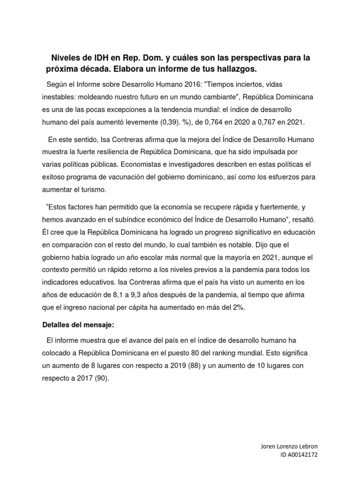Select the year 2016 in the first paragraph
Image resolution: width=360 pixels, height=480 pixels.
180,84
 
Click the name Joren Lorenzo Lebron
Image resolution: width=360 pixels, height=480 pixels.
292,446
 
